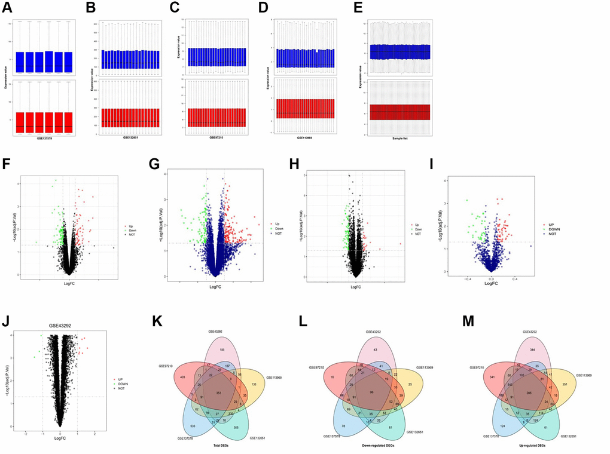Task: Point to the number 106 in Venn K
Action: tap(222, 349)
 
